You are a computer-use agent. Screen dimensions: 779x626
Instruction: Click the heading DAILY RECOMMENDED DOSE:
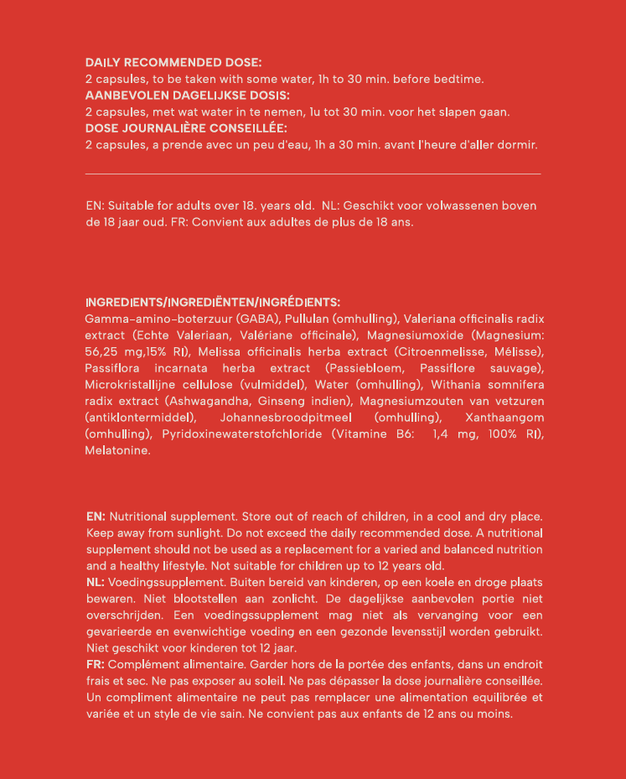pyautogui.click(x=173, y=62)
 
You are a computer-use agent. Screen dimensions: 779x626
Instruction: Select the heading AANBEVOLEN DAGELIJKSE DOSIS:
pyautogui.click(x=188, y=95)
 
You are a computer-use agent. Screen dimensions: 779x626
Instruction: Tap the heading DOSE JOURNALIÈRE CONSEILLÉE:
pyautogui.click(x=186, y=128)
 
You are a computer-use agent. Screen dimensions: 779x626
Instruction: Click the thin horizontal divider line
pyautogui.click(x=313, y=174)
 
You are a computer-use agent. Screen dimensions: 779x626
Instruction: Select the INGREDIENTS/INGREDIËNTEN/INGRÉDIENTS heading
pyautogui.click(x=213, y=302)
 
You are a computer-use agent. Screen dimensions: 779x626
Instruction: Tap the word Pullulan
pyautogui.click(x=307, y=319)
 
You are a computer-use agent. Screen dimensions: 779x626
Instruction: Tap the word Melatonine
pyautogui.click(x=117, y=450)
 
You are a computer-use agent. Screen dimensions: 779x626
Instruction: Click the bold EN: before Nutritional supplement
pyautogui.click(x=96, y=517)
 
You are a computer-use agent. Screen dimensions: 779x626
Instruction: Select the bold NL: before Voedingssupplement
pyautogui.click(x=96, y=582)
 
